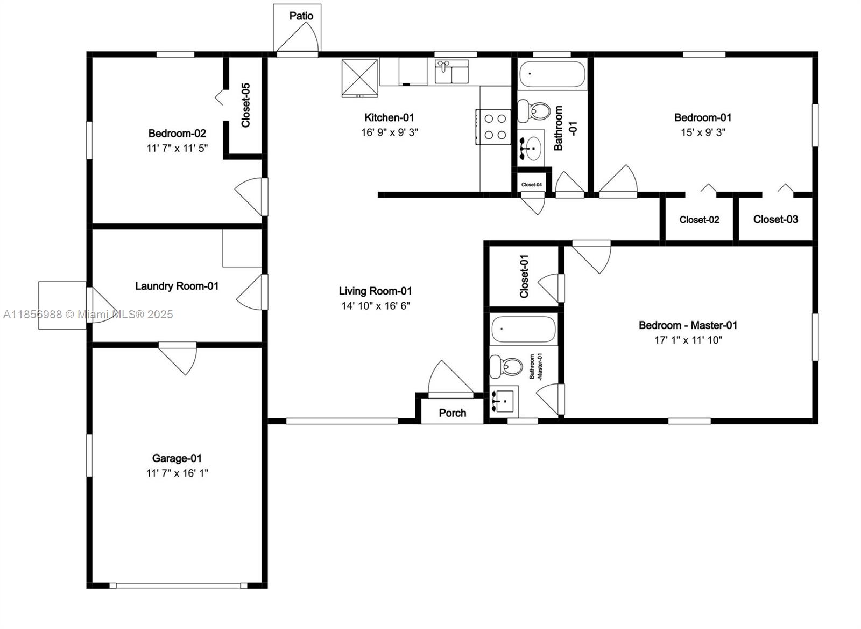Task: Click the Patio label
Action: (x=301, y=16)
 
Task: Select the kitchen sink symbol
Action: (x=451, y=72)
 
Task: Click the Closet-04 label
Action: (x=532, y=185)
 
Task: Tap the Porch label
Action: (x=452, y=413)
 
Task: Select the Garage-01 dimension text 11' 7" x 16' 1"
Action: (x=177, y=473)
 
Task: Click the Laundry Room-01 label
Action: (x=177, y=286)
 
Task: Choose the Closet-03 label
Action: (x=775, y=219)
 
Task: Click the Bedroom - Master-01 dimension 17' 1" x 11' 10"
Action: (x=688, y=340)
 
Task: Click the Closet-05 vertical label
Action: (x=246, y=105)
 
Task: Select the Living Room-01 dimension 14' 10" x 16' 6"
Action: (x=376, y=306)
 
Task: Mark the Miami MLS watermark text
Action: (x=88, y=314)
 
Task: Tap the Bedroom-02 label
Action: (x=177, y=134)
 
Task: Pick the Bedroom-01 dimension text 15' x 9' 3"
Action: (x=703, y=132)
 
